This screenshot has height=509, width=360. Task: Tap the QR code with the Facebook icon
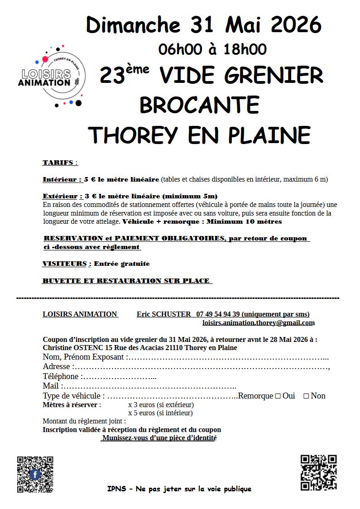[35, 474]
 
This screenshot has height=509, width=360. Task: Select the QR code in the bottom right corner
[318, 472]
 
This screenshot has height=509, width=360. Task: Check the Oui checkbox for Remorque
[278, 396]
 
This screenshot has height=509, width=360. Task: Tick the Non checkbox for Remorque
[306, 396]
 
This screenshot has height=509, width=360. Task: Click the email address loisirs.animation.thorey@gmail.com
[258, 323]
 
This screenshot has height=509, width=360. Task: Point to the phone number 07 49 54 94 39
[218, 314]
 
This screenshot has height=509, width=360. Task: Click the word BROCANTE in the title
[199, 105]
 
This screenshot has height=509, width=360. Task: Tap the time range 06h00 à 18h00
[212, 49]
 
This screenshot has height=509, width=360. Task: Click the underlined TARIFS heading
[58, 163]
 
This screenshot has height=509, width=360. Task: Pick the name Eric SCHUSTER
[164, 314]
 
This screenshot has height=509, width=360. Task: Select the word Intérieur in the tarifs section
[61, 179]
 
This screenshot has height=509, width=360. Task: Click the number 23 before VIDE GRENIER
[112, 76]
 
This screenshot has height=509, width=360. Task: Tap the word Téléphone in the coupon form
[61, 376]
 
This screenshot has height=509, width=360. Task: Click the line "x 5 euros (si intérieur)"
[160, 413]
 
